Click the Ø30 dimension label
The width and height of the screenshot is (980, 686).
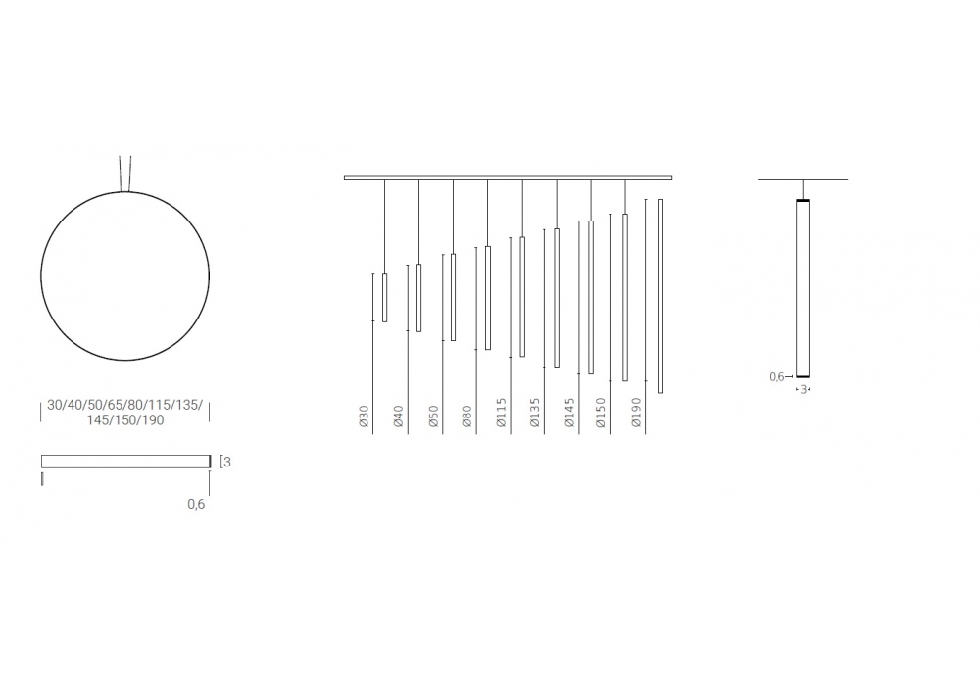(365, 416)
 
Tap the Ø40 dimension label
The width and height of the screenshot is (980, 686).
(399, 416)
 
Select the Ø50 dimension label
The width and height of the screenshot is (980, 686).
(434, 416)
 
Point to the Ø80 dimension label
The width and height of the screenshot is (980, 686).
(466, 416)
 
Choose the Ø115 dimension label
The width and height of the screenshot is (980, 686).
(501, 413)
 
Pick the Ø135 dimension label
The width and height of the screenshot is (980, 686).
(535, 413)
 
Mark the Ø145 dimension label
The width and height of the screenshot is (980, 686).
(569, 413)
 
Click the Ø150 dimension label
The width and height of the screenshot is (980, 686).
(601, 413)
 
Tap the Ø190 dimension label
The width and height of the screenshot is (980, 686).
(636, 413)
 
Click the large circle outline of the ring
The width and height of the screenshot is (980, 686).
(40, 275)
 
